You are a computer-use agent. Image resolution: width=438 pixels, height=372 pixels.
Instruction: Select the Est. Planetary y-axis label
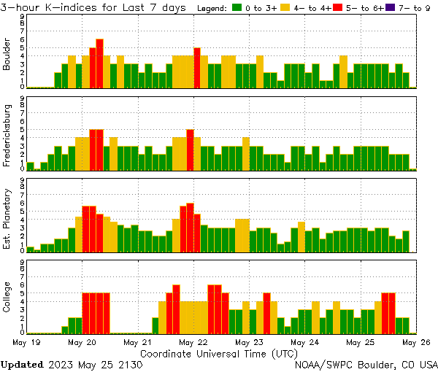[7, 220]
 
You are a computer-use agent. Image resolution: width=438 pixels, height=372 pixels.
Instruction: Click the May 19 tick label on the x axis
[26, 341]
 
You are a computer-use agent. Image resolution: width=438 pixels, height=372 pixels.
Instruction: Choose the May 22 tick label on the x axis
[193, 341]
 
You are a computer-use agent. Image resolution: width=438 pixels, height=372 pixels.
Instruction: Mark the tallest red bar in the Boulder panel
[99, 63]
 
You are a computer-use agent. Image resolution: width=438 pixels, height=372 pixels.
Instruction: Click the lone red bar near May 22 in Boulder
[197, 68]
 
